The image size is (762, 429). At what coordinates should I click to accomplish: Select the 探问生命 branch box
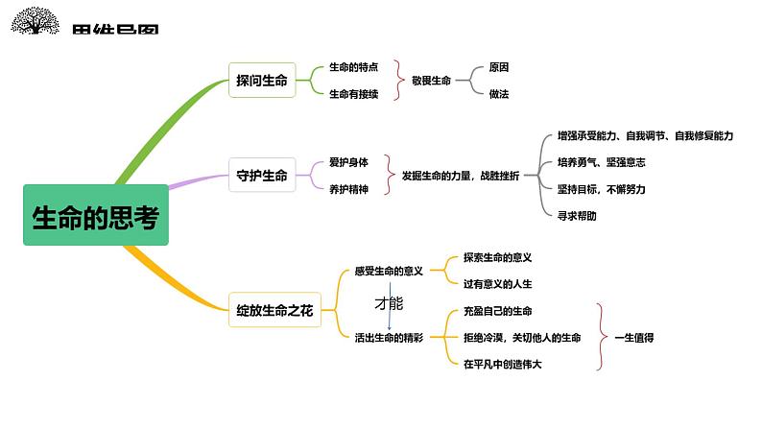pyautogui.click(x=261, y=81)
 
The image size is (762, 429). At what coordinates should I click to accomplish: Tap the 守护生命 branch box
pyautogui.click(x=261, y=176)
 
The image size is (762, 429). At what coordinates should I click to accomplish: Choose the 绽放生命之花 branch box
pyautogui.click(x=274, y=310)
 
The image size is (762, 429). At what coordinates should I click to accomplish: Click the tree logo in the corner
pyautogui.click(x=36, y=21)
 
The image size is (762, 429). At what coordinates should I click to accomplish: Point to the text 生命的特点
pyautogui.click(x=353, y=67)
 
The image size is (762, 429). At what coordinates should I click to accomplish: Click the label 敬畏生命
pyautogui.click(x=431, y=81)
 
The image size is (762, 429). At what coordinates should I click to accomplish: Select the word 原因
pyautogui.click(x=498, y=67)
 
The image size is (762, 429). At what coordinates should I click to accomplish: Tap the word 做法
pyautogui.click(x=498, y=94)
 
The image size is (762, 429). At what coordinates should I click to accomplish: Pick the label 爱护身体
pyautogui.click(x=348, y=162)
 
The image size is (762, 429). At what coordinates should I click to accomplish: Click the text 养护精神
pyautogui.click(x=348, y=189)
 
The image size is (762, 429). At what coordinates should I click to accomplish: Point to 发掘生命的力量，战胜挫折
pyautogui.click(x=461, y=176)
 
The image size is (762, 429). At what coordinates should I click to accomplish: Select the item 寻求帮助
pyautogui.click(x=577, y=216)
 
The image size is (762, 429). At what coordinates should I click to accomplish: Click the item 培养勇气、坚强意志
pyautogui.click(x=601, y=162)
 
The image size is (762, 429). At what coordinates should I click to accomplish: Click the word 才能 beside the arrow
pyautogui.click(x=388, y=303)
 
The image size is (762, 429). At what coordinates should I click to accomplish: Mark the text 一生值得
pyautogui.click(x=633, y=338)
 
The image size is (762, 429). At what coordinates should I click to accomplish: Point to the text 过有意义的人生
pyautogui.click(x=497, y=284)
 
